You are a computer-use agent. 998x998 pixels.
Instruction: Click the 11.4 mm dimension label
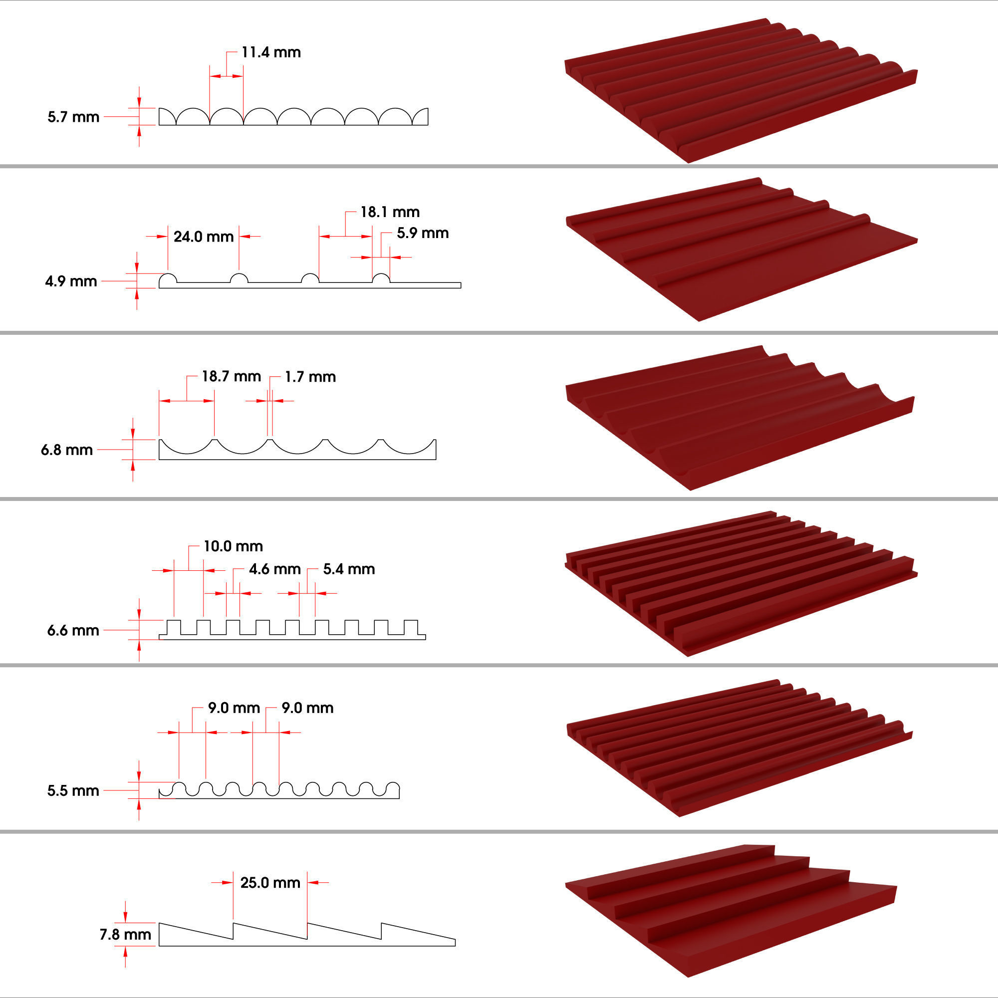tap(270, 53)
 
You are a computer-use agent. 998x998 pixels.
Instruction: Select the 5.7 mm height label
tap(73, 117)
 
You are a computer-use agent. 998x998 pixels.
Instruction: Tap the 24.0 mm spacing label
tap(204, 237)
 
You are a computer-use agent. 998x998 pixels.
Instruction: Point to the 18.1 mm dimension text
tap(390, 212)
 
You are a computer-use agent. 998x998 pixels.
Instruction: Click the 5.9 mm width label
tap(422, 234)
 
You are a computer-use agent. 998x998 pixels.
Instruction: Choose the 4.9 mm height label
tap(71, 281)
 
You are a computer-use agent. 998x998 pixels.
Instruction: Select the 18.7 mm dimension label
tap(231, 377)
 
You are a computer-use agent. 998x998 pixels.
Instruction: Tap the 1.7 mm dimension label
tap(310, 377)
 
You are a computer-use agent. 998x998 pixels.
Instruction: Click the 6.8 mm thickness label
tap(67, 450)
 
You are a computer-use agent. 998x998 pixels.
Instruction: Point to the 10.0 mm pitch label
tap(233, 546)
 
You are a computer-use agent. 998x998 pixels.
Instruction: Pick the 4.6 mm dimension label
tap(274, 569)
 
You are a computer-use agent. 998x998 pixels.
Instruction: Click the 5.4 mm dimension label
tap(349, 569)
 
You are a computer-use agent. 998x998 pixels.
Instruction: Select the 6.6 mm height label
tap(73, 630)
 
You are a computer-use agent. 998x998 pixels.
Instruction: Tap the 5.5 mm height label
tap(73, 791)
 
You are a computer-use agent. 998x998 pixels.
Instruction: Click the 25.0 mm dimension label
tap(270, 883)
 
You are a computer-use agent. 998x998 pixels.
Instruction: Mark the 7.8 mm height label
tap(125, 935)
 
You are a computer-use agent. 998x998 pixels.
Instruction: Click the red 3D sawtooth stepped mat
tap(734, 909)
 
